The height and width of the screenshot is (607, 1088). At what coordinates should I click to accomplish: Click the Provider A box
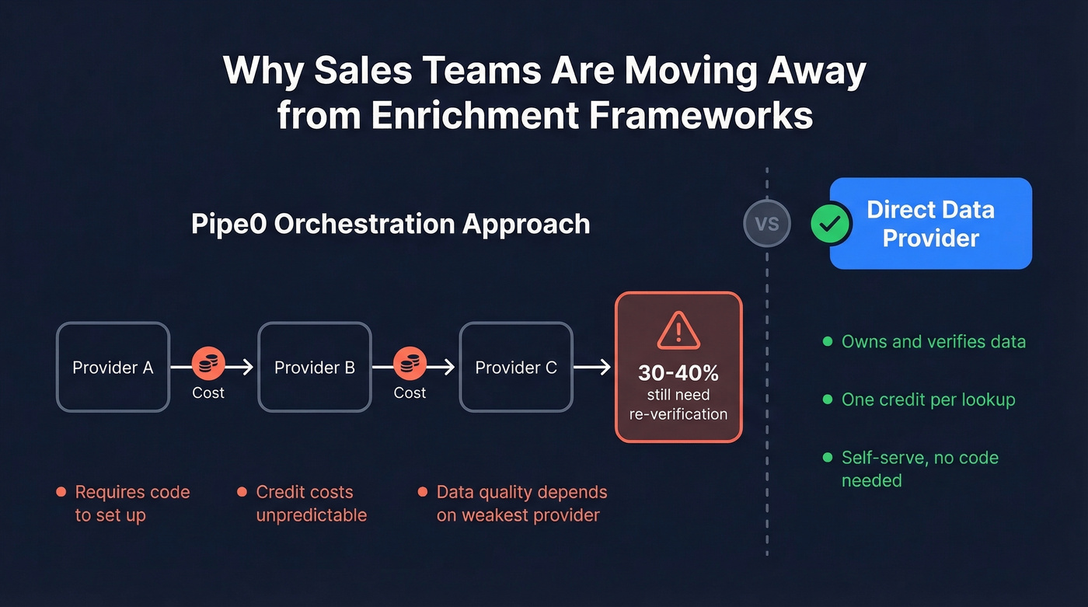coord(113,367)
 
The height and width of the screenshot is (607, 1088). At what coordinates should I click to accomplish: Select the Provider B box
coord(315,367)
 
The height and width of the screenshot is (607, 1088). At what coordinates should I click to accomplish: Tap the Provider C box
coord(516,367)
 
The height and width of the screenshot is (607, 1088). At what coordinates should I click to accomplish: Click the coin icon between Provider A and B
coord(208,363)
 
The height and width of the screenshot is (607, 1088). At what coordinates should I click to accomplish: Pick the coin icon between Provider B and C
coord(410,363)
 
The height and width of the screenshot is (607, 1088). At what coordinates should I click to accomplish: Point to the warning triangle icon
coord(678,331)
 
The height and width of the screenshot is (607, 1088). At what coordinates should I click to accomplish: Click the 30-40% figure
coord(678,372)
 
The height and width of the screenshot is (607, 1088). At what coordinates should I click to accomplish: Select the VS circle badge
coord(767,224)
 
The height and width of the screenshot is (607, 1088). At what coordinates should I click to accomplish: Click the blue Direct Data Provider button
coord(931,224)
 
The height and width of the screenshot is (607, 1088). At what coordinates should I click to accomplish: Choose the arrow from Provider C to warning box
coord(592,367)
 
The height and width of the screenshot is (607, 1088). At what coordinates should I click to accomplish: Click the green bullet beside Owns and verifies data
coord(827,342)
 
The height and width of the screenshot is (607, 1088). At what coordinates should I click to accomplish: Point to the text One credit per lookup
coord(929,399)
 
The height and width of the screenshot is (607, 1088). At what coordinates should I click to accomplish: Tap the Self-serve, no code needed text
coord(919,469)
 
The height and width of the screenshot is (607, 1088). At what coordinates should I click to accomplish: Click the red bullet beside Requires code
coord(61,492)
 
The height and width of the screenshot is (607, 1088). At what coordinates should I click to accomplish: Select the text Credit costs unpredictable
coord(311,503)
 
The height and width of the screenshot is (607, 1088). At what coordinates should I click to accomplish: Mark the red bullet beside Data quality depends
coord(422,492)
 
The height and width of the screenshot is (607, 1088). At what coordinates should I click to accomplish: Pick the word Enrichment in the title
coord(475,115)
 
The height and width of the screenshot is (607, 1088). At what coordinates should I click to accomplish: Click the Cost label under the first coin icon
coord(208,392)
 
